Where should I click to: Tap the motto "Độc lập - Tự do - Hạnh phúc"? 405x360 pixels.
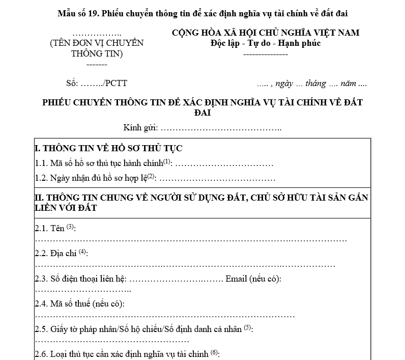265,43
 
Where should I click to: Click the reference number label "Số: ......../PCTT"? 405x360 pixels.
100,84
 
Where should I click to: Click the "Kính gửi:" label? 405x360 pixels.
141,127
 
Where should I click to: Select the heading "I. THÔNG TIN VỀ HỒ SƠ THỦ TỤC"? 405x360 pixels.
108,149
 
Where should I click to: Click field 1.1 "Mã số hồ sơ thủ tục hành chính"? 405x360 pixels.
104,164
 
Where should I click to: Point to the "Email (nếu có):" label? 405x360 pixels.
253,279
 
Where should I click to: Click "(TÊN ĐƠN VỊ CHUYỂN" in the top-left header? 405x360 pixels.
97,43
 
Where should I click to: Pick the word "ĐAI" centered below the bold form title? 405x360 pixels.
202,112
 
